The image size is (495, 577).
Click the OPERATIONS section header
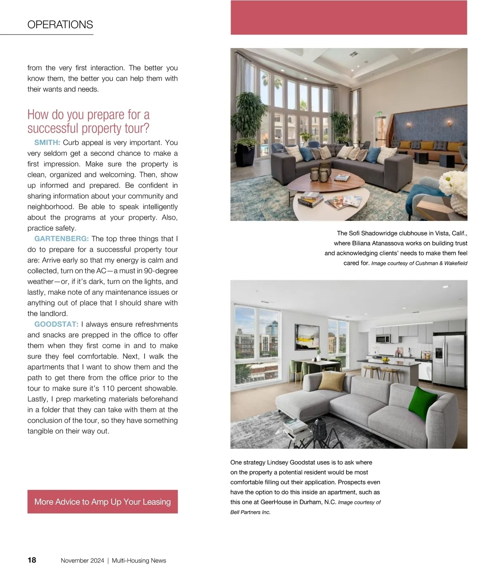[60, 25]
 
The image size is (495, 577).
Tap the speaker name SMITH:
[47, 143]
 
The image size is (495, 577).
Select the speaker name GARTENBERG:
[61, 239]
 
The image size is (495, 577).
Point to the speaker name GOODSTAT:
[56, 324]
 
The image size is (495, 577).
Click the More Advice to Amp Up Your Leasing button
[102, 502]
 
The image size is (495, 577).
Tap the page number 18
[32, 560]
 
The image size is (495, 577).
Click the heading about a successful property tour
[88, 121]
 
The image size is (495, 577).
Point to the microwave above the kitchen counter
[383, 339]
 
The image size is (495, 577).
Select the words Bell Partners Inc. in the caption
[250, 512]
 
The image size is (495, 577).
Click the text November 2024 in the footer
[82, 561]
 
